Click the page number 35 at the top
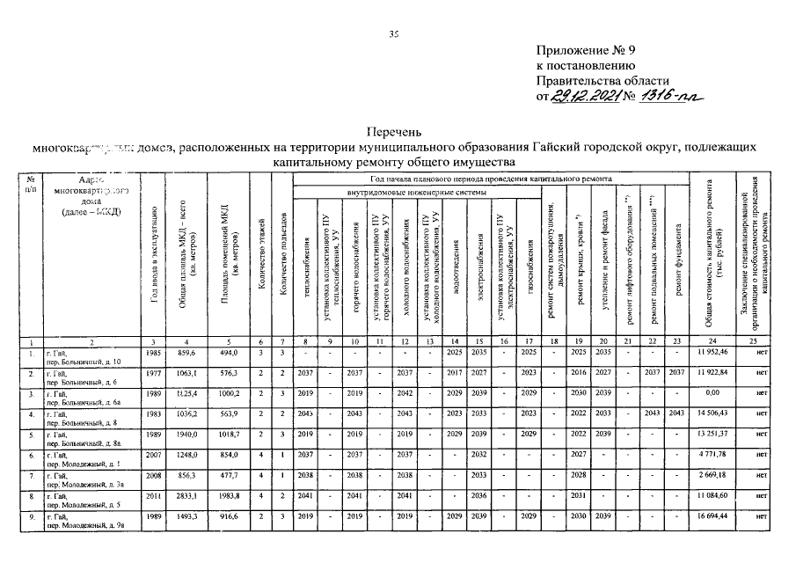[x=395, y=34]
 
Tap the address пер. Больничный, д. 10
[x=84, y=362]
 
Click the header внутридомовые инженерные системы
[x=416, y=191]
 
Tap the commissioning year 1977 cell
[x=154, y=373]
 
